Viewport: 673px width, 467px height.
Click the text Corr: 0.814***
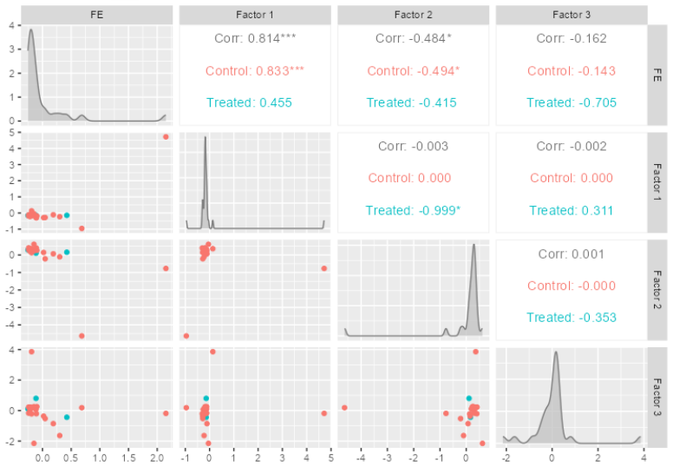coord(255,38)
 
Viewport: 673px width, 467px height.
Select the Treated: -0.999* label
coord(413,210)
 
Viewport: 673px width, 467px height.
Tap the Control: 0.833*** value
coord(254,70)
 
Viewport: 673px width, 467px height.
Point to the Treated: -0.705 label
coord(572,102)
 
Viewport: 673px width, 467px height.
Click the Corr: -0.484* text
coord(414,38)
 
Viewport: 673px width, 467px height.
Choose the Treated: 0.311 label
coord(572,210)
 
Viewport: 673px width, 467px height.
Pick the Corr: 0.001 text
coord(572,254)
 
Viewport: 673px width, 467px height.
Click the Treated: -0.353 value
coord(572,317)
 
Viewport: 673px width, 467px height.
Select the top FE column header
coord(96,15)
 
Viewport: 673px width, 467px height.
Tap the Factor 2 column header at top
coord(414,15)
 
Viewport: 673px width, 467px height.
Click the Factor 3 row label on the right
coord(657,397)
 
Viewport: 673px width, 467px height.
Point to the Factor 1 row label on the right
coord(657,182)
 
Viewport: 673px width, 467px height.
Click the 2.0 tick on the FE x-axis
coord(157,458)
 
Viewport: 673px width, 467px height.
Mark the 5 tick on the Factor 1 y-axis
coord(12,132)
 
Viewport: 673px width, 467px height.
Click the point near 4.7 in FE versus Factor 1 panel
coord(166,136)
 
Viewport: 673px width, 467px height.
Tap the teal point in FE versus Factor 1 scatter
coord(67,215)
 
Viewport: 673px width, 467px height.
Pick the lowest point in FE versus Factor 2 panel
coord(82,336)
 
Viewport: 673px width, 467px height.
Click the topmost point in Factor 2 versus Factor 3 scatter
coord(475,352)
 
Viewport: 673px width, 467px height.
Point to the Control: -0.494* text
coord(414,70)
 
